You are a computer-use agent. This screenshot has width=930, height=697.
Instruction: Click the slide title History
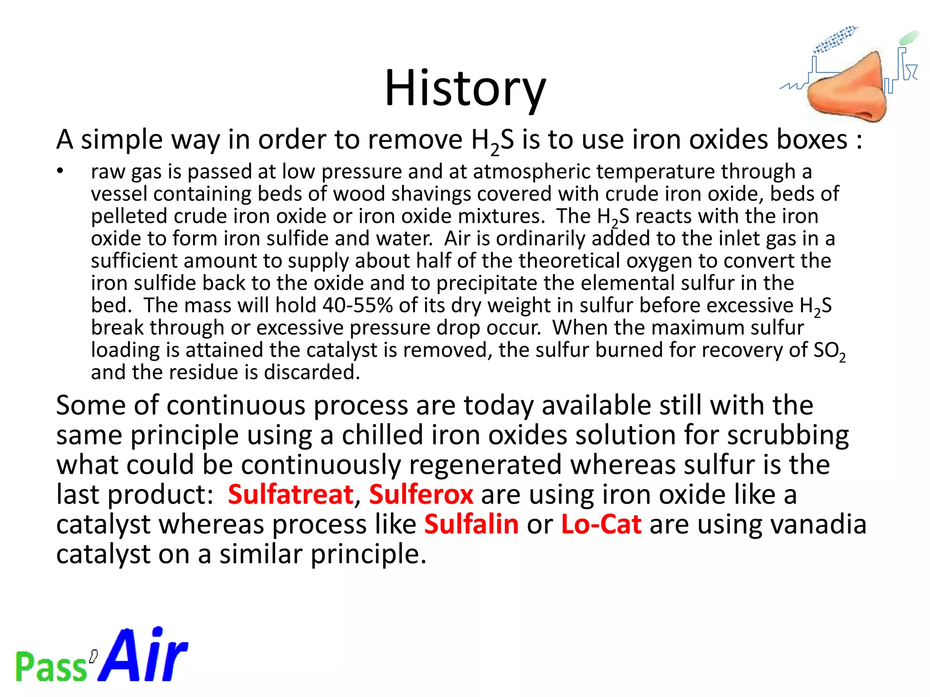point(465,88)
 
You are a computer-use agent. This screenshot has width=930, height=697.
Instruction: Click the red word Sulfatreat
point(291,494)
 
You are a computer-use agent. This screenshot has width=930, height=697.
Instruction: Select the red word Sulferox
point(421,494)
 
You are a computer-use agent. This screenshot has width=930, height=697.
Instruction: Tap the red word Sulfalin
point(471,525)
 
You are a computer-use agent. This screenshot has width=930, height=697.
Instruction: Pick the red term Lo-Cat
point(601,525)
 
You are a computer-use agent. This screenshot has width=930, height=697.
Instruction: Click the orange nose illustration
point(849,88)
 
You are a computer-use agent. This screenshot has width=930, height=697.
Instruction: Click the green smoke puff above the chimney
point(909,38)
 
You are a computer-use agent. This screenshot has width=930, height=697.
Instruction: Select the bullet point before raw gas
point(60,172)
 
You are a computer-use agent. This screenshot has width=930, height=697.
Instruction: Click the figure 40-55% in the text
point(357,305)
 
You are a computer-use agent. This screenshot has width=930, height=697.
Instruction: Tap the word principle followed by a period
point(368,555)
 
